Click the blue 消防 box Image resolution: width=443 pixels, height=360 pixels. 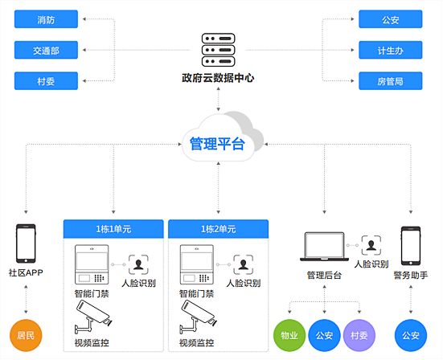point(46,19)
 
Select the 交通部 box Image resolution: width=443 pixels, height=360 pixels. point(46,50)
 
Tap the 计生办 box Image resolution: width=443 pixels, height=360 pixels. point(391,50)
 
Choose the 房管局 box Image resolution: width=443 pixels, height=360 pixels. point(391,81)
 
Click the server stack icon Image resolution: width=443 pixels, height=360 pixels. point(219,50)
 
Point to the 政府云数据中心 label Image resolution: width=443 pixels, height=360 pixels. point(218,78)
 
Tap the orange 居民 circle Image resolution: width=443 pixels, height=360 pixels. point(26,335)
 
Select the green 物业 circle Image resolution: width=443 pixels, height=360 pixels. point(289,335)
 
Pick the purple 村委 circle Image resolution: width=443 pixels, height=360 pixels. point(359,335)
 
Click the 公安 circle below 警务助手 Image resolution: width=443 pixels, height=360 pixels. point(411,335)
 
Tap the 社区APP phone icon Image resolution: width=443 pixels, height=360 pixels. point(26,243)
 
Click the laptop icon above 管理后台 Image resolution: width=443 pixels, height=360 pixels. point(324,247)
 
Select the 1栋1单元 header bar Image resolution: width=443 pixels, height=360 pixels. point(113,229)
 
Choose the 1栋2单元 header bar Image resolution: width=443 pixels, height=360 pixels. point(219,229)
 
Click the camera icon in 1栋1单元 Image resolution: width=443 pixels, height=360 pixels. point(92,317)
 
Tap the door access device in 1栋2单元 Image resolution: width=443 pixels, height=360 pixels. point(197,264)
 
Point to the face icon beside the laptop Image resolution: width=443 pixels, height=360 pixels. point(371,245)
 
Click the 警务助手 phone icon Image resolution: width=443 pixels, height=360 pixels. point(411,246)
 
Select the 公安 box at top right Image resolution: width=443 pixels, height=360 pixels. point(391,19)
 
